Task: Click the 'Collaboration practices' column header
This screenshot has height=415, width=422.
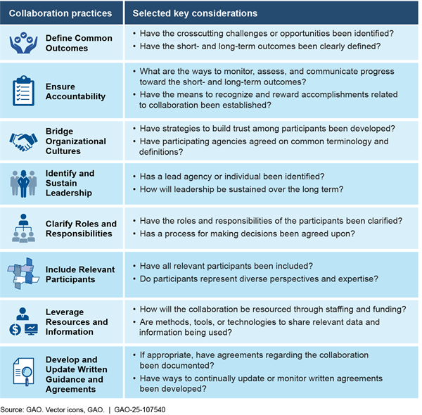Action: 62,13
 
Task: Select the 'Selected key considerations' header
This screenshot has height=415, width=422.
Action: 185,13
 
